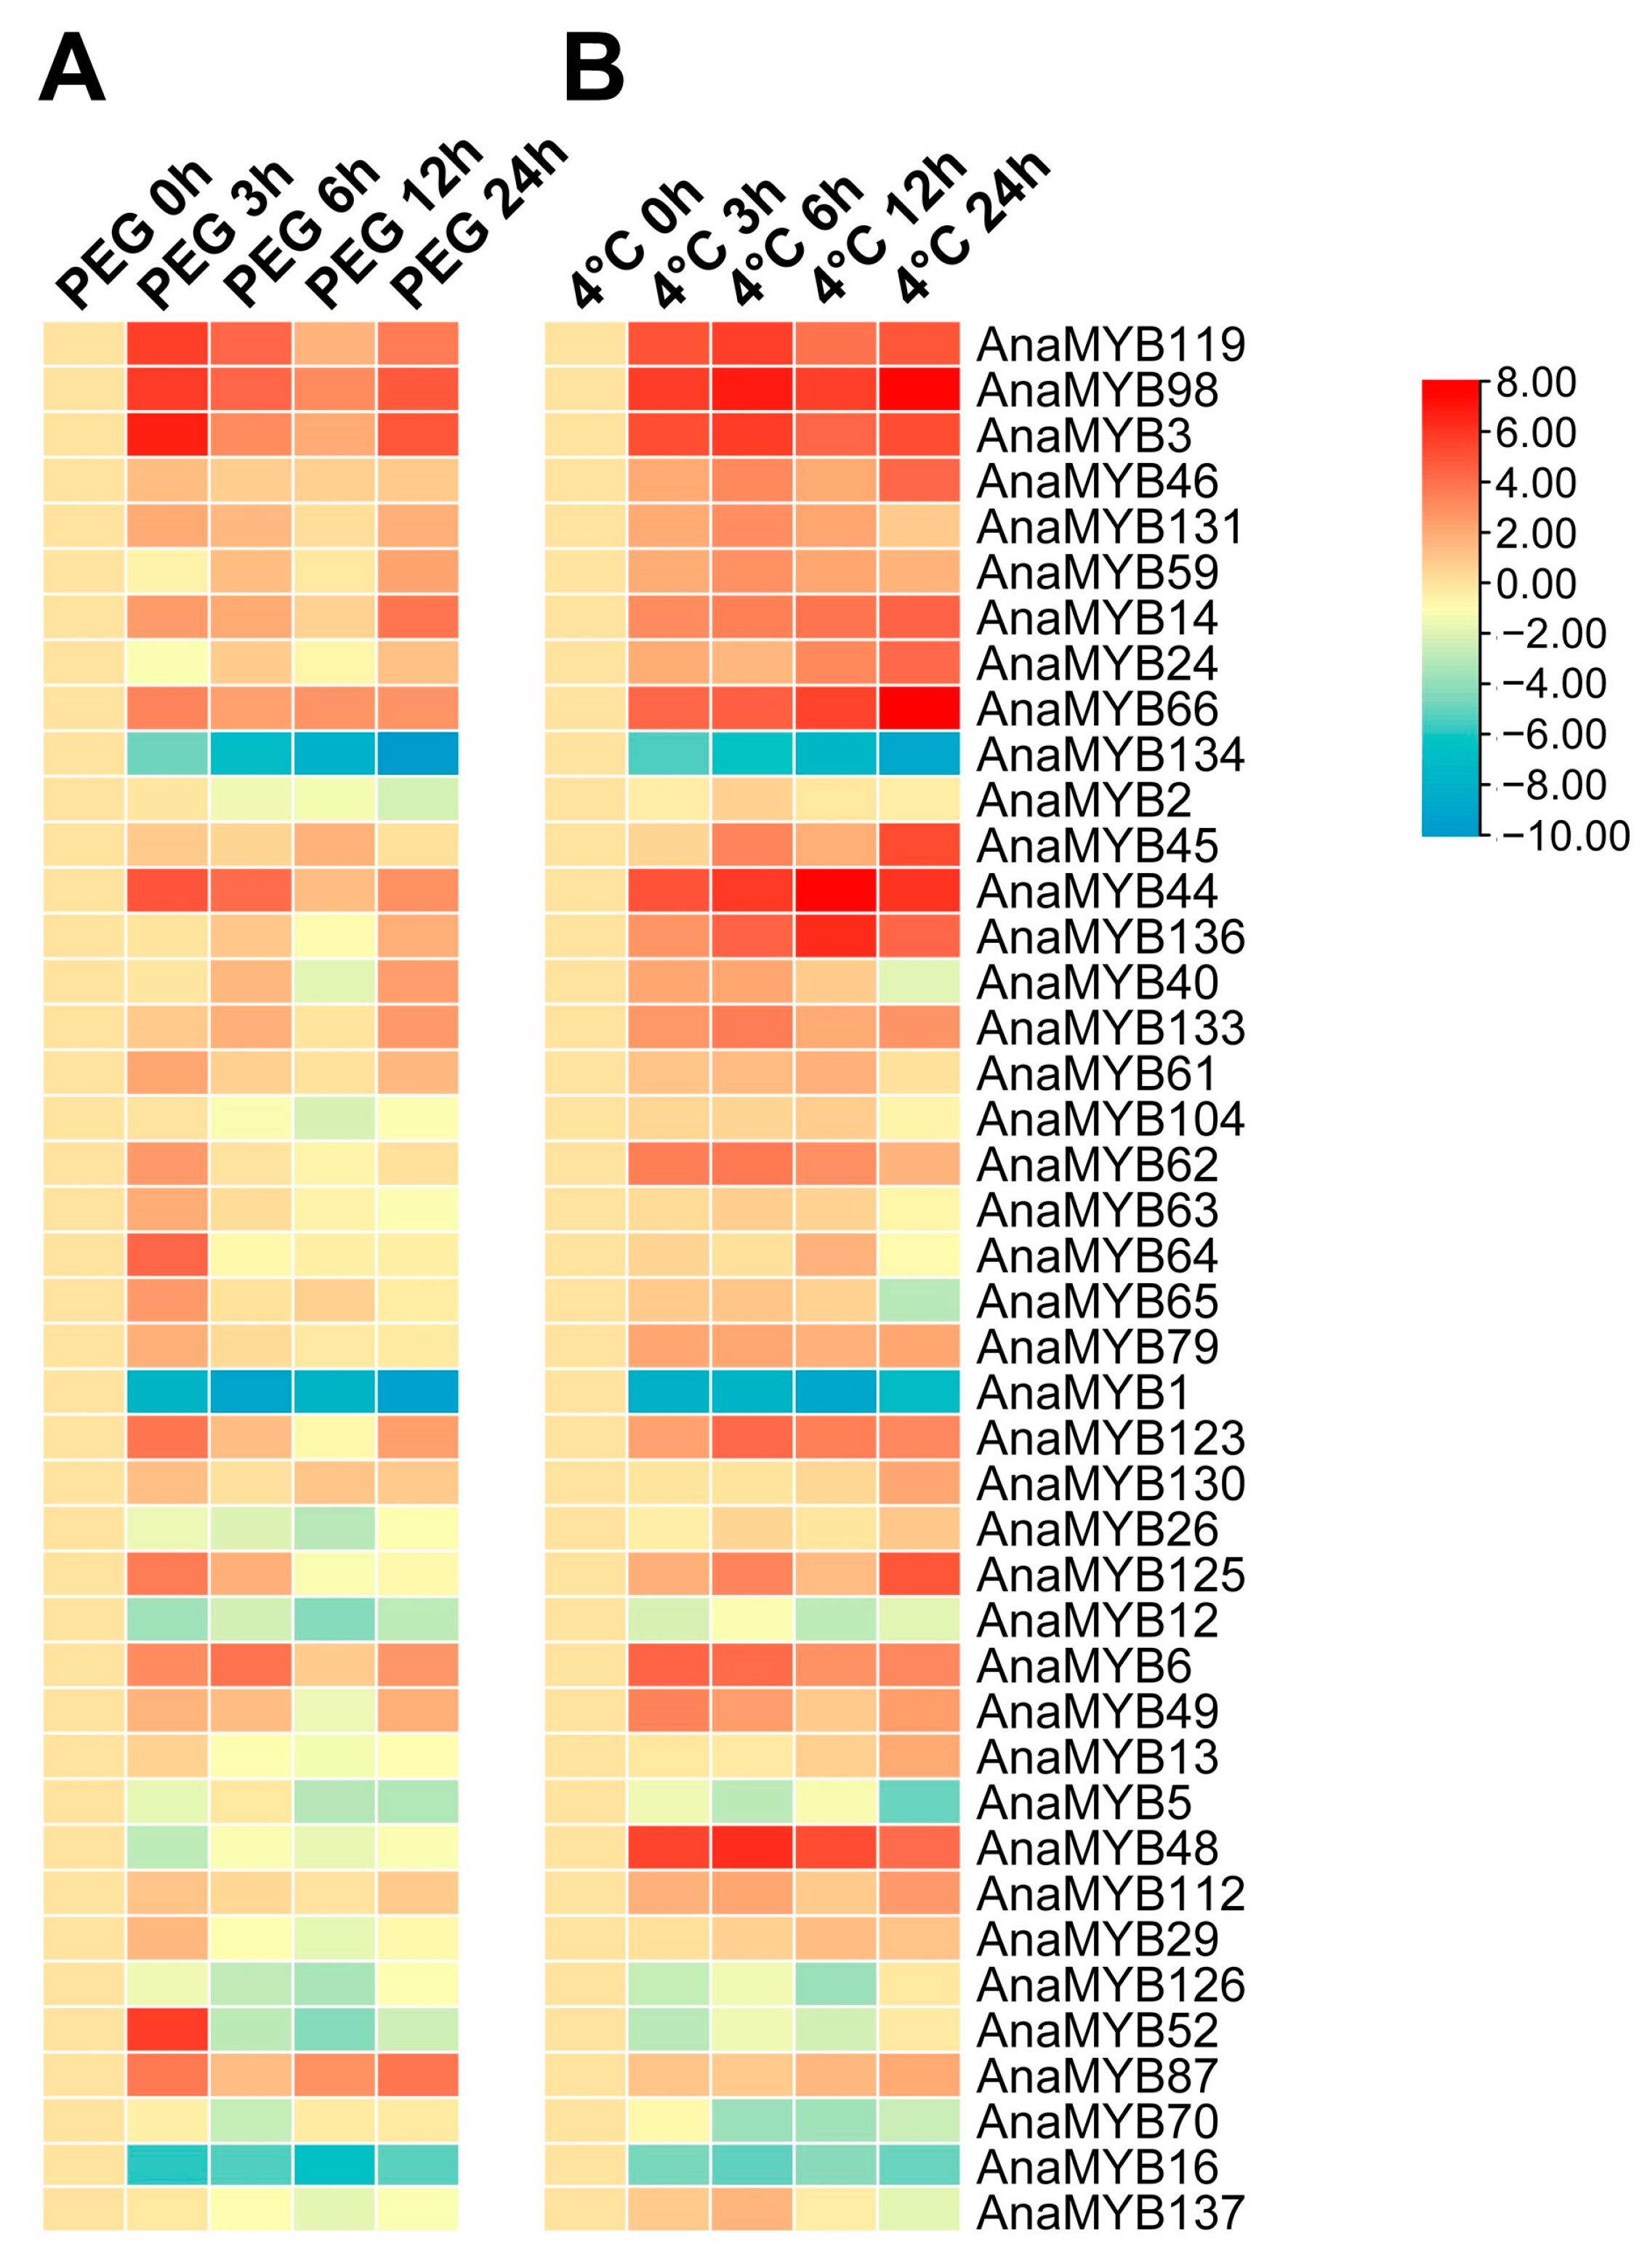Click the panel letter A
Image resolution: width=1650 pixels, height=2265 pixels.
(x=71, y=68)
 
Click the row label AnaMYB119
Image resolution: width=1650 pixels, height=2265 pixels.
(x=1110, y=345)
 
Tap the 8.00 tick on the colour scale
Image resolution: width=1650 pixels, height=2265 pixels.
(x=1535, y=382)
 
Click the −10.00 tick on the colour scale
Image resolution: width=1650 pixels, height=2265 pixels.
(x=1564, y=836)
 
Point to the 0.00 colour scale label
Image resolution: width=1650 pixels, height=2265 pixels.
(x=1535, y=583)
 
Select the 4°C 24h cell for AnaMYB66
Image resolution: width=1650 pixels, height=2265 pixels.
(x=919, y=708)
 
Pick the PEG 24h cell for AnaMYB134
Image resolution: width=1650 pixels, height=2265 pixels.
(x=417, y=754)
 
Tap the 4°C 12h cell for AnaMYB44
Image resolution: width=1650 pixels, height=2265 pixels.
(x=836, y=891)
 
